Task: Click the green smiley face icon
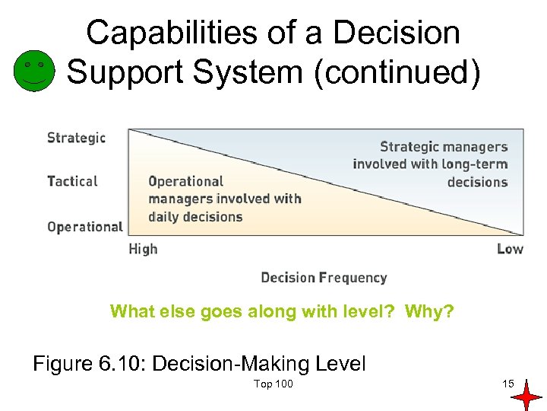(x=34, y=71)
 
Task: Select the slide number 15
(x=507, y=383)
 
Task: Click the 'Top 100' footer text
(x=273, y=384)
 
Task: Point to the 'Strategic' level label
(x=76, y=138)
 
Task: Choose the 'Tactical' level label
(x=72, y=181)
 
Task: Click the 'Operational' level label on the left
(x=84, y=226)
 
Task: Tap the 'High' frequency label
(x=143, y=249)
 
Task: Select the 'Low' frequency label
(x=510, y=249)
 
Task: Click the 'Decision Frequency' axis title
(x=324, y=278)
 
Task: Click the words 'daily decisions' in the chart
(x=195, y=216)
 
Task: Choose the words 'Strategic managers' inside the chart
(x=444, y=146)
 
